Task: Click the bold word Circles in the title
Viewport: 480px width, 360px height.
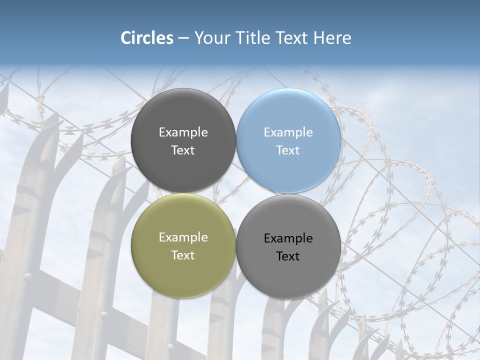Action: (x=146, y=38)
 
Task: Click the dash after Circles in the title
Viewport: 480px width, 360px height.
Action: (x=183, y=38)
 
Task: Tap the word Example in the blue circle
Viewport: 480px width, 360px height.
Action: (x=288, y=132)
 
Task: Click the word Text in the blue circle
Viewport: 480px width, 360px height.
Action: (x=288, y=150)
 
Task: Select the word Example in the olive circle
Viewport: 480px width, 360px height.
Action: (x=183, y=237)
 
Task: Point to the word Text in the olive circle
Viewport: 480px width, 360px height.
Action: (x=183, y=255)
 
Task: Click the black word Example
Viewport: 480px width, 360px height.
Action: (x=288, y=238)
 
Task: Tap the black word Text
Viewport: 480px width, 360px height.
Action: (x=288, y=256)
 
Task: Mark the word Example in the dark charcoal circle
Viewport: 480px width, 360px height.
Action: (x=183, y=132)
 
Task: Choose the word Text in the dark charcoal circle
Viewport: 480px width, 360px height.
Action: (x=183, y=150)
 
